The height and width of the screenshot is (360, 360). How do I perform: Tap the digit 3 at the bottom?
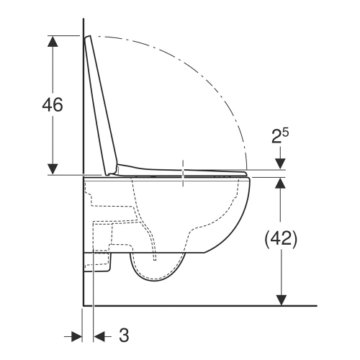pos(123,335)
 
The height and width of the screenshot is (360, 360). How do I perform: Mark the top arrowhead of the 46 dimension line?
pos(53,40)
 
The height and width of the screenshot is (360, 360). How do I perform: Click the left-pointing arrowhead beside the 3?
pos(101,335)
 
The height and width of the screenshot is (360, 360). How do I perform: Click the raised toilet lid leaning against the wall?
pos(101,101)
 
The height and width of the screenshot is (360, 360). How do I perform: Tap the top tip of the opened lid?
pos(88,37)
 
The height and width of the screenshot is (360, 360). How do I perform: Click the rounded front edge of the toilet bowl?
pos(247,209)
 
